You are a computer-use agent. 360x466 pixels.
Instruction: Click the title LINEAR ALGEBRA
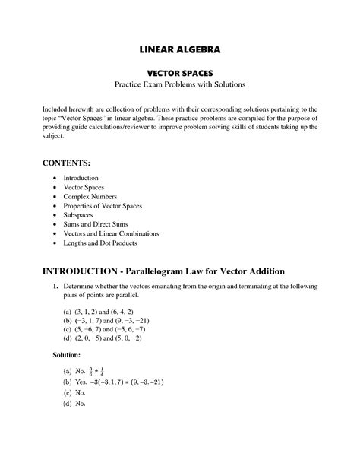tap(179, 49)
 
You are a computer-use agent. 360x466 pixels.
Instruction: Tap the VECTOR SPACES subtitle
tap(179, 71)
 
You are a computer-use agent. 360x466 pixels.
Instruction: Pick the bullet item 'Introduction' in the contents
tap(80, 177)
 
